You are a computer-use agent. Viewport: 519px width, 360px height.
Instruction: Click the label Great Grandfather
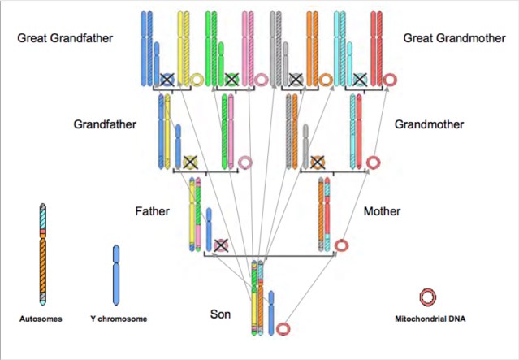65,37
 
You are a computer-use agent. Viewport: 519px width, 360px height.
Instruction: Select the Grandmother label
429,125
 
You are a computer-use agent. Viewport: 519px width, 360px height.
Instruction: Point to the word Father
152,211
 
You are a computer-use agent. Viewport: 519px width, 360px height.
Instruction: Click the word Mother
382,211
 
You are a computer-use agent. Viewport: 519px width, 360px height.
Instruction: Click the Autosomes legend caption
41,319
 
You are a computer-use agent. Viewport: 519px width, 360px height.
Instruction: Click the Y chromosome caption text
119,319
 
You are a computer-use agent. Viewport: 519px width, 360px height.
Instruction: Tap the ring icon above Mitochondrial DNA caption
428,297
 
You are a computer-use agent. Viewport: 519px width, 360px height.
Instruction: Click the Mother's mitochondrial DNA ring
342,245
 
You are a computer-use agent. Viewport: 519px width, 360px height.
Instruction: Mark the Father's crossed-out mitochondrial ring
220,245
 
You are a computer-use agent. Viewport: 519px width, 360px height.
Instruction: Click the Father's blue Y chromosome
208,228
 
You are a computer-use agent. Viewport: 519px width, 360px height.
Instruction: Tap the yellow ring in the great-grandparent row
197,80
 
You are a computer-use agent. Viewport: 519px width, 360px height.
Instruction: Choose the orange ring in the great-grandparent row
326,80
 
